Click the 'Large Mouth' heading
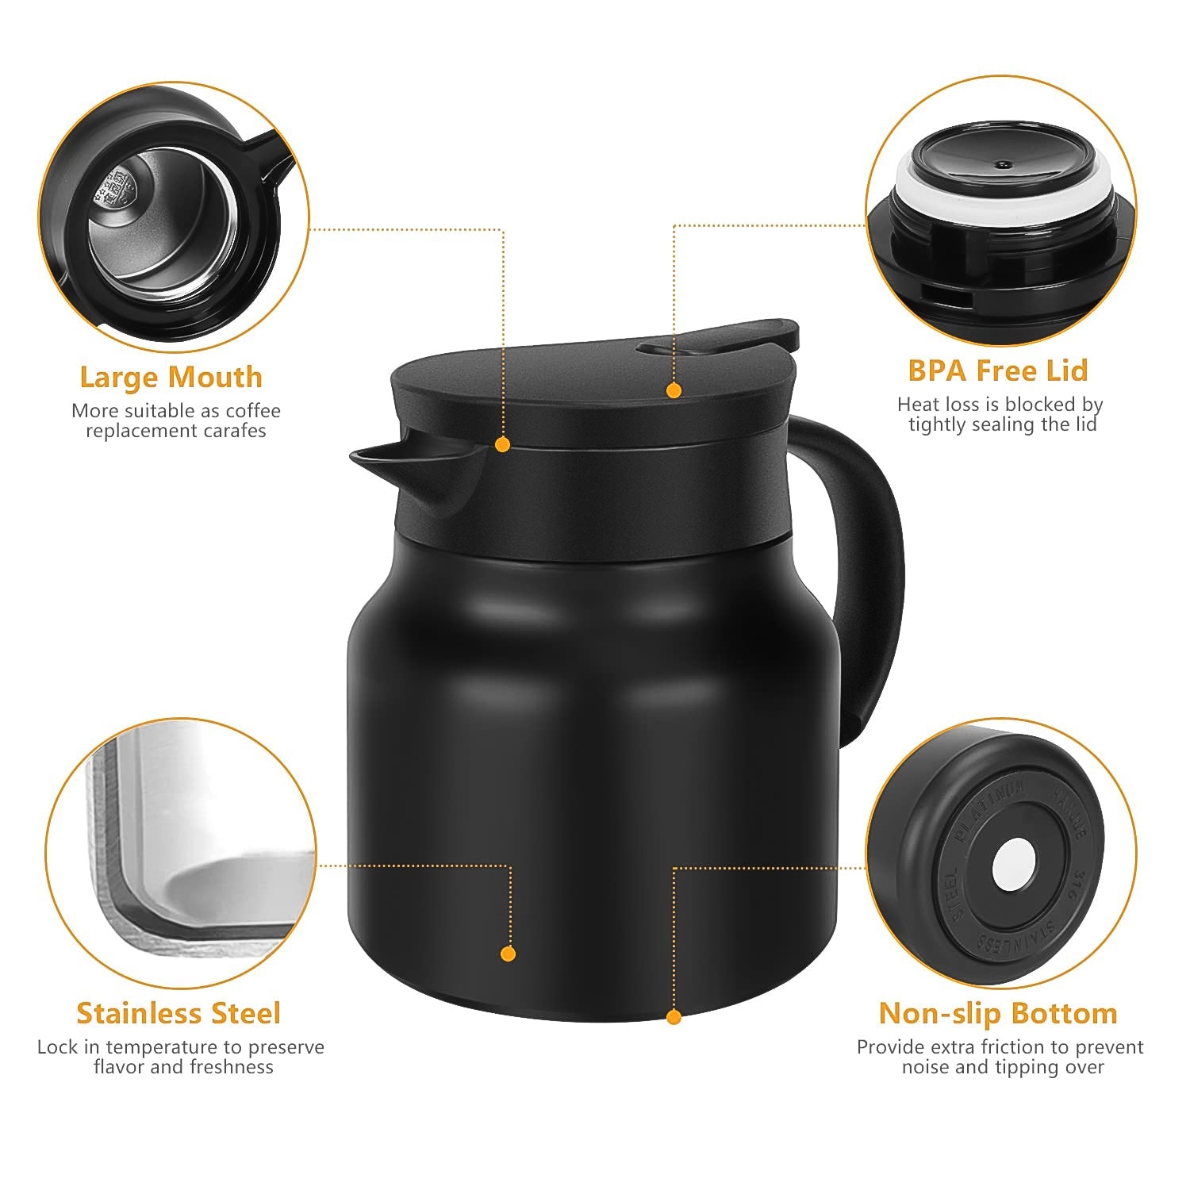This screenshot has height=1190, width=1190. click(x=171, y=377)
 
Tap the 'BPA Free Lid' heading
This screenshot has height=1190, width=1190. click(x=997, y=370)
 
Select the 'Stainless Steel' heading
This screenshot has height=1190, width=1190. click(x=178, y=1013)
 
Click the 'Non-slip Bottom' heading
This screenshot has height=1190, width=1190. click(x=997, y=1013)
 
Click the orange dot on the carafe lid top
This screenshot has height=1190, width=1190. click(x=674, y=390)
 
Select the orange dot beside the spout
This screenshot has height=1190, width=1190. click(x=502, y=444)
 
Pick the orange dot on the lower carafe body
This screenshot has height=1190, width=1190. click(x=509, y=954)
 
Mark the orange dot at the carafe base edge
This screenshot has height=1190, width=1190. click(x=674, y=1016)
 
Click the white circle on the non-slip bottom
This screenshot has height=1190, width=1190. click(x=1013, y=863)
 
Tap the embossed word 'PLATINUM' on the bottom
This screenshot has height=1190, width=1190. click(x=992, y=808)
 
